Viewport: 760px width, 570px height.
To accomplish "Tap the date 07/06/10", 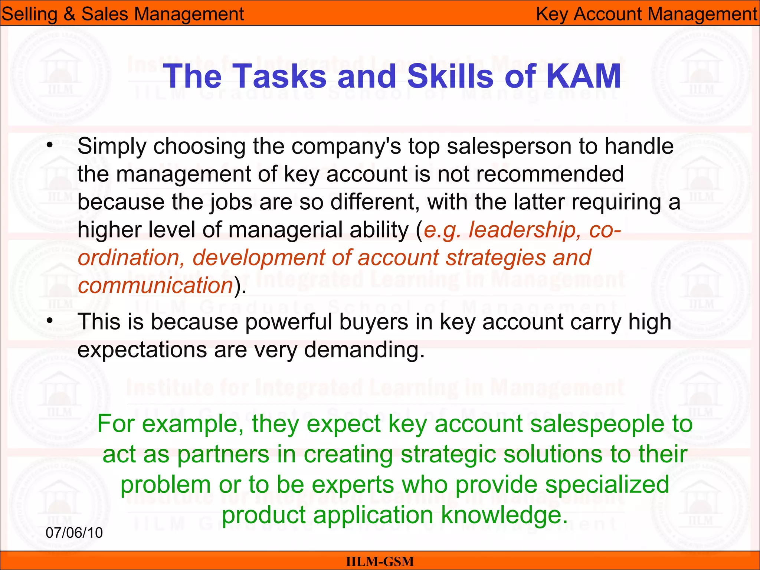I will pos(74,533).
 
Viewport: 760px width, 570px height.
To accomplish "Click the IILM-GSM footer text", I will pos(380,561).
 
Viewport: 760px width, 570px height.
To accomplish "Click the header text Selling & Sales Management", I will pos(122,14).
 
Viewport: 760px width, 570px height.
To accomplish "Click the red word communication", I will pos(155,285).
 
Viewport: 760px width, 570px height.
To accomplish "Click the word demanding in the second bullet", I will pos(364,350).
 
